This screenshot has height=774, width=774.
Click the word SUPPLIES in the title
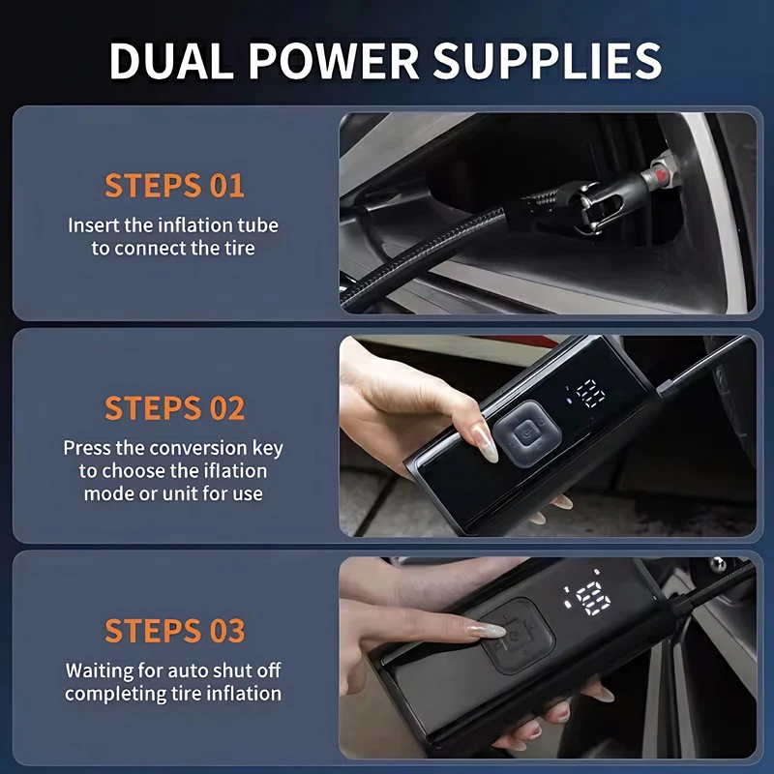(547, 60)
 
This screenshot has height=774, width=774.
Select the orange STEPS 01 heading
(174, 185)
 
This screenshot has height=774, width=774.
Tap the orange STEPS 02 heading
(174, 407)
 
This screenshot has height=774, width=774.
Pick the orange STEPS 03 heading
(174, 630)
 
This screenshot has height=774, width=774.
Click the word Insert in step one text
(94, 225)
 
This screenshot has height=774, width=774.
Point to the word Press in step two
(87, 448)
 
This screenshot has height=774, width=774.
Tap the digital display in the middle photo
(586, 393)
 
